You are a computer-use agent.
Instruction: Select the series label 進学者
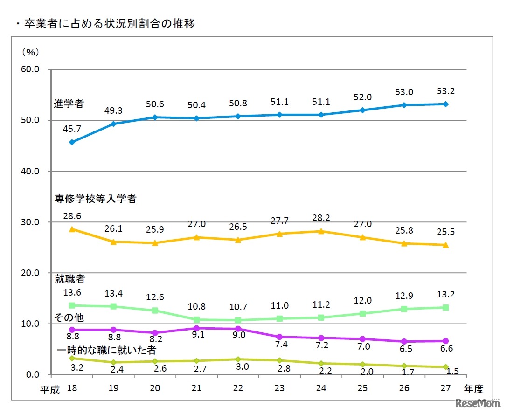pos(69,103)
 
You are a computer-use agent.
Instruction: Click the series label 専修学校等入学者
pos(95,199)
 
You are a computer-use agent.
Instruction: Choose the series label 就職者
pos(68,279)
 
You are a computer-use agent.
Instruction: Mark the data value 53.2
pos(445,90)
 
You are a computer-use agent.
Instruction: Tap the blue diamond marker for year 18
pos(71,142)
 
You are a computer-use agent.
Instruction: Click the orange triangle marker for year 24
pos(320,231)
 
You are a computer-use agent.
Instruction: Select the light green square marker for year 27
pos(445,307)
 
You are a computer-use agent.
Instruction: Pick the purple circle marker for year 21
pos(196,328)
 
